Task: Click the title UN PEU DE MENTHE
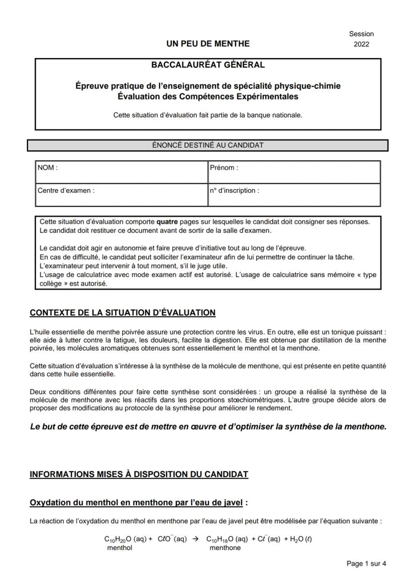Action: [207, 44]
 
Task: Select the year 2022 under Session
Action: [361, 44]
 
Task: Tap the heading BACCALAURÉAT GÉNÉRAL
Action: [207, 65]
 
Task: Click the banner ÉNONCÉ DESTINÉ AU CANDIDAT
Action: [207, 145]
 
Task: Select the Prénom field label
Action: [224, 168]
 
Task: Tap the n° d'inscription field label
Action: [235, 191]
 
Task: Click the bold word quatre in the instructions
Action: [166, 221]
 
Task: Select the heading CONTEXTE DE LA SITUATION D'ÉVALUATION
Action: [123, 313]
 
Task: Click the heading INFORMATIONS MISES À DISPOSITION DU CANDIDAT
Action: [139, 475]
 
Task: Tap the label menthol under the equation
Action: [120, 548]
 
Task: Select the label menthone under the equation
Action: [225, 548]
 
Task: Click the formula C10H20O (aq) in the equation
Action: [125, 539]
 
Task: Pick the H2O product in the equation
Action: [298, 539]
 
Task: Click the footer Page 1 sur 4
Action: [366, 564]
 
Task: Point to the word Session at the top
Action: [361, 34]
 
